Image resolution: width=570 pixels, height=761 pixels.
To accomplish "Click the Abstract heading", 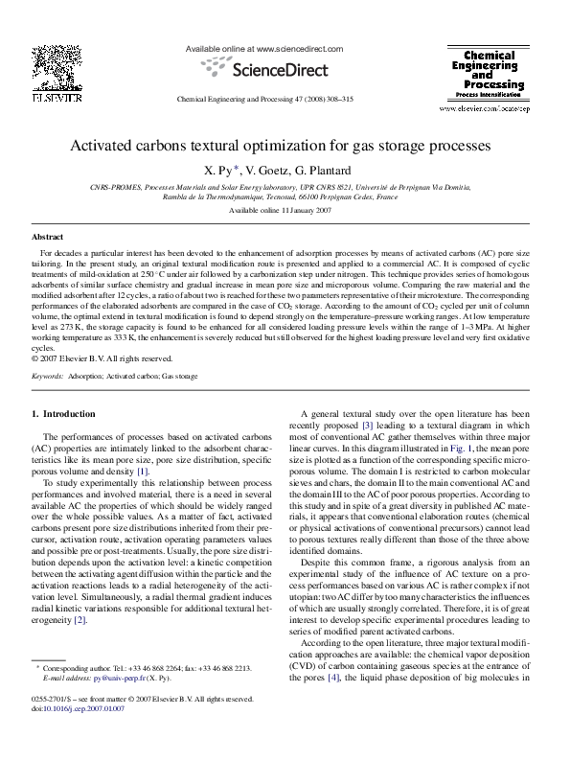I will point(48,236).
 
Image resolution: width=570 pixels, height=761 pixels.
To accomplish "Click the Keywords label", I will point(48,378).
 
